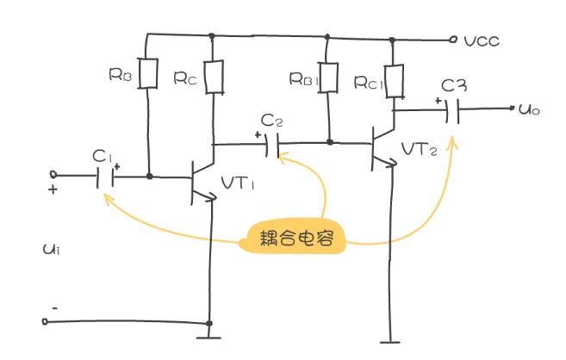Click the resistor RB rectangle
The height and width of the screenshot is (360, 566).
click(x=147, y=73)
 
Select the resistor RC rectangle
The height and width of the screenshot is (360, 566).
click(x=214, y=78)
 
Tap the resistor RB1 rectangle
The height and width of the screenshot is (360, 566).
click(x=327, y=78)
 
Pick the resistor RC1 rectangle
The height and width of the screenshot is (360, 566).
click(x=395, y=82)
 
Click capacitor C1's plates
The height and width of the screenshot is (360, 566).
click(x=105, y=177)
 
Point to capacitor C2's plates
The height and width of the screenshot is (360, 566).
click(x=272, y=146)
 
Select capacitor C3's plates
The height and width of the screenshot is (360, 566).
click(x=452, y=111)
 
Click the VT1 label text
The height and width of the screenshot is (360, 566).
click(x=238, y=183)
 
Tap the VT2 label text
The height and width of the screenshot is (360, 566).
click(x=420, y=149)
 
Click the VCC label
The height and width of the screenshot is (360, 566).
click(x=482, y=41)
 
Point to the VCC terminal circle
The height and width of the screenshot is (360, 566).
click(x=453, y=40)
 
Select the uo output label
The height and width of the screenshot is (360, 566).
click(x=529, y=109)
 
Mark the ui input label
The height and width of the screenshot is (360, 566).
click(x=51, y=249)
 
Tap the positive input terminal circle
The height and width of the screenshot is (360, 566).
click(x=53, y=175)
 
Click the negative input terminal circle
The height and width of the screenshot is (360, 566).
click(x=45, y=321)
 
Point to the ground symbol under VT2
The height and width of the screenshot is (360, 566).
click(x=390, y=342)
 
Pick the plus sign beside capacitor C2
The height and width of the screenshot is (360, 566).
click(x=258, y=135)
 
